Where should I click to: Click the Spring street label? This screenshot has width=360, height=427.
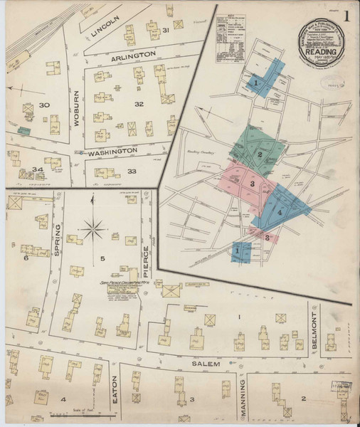click(x=60, y=232)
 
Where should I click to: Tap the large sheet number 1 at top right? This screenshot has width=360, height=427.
click(x=346, y=16)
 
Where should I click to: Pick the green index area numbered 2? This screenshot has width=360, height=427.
click(x=260, y=153)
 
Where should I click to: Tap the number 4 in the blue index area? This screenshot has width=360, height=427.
click(x=280, y=212)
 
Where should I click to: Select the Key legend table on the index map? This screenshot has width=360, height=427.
click(x=233, y=32)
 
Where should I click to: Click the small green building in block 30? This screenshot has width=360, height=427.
click(x=23, y=131)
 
